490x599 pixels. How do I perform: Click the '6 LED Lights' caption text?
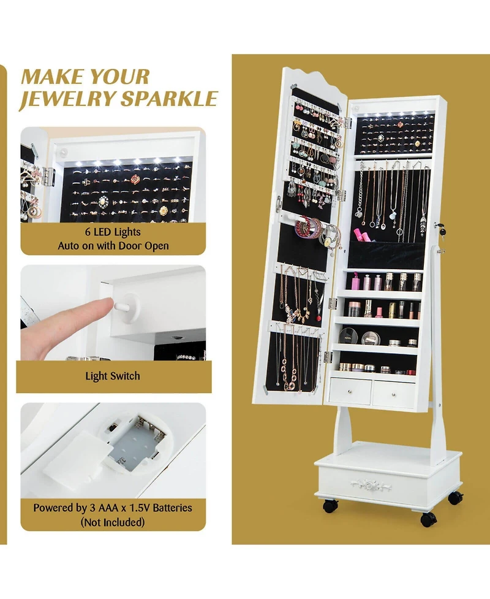pyautogui.click(x=113, y=232)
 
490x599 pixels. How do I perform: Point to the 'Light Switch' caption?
pyautogui.click(x=113, y=376)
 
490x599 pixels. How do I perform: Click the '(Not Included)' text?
pyautogui.click(x=113, y=522)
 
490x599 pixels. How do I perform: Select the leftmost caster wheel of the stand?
pyautogui.click(x=330, y=506)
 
